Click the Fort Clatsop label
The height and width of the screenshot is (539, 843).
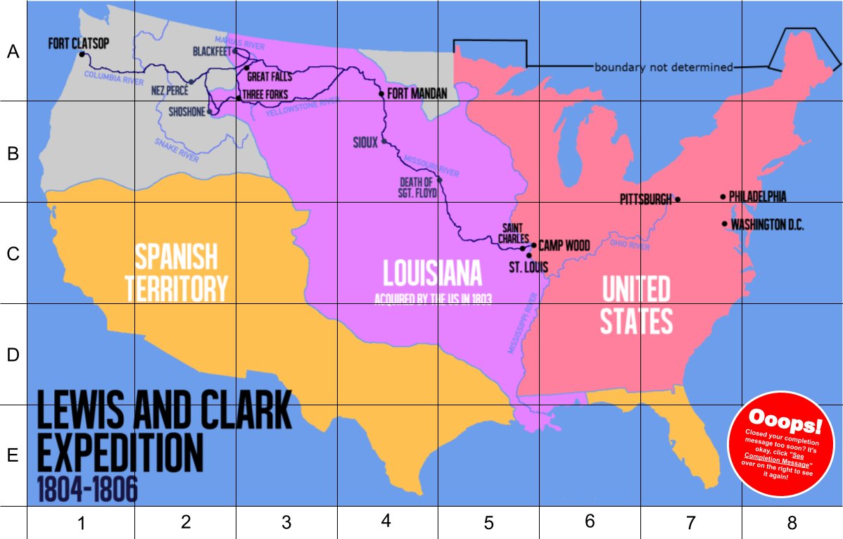[79, 44]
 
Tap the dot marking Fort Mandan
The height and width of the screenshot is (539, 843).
[381, 94]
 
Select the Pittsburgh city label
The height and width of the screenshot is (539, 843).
[645, 200]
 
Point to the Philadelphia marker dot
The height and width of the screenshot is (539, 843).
[723, 197]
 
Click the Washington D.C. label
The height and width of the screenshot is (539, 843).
[767, 225]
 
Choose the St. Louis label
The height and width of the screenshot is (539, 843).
[527, 267]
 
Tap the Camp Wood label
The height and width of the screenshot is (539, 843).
[564, 246]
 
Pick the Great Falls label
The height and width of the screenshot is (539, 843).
[269, 77]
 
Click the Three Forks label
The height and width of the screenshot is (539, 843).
[267, 95]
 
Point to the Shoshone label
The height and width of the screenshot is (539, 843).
[186, 111]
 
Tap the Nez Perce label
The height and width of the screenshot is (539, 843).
[170, 90]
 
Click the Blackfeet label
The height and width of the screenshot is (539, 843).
[212, 51]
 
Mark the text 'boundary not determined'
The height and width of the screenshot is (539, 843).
[664, 68]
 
